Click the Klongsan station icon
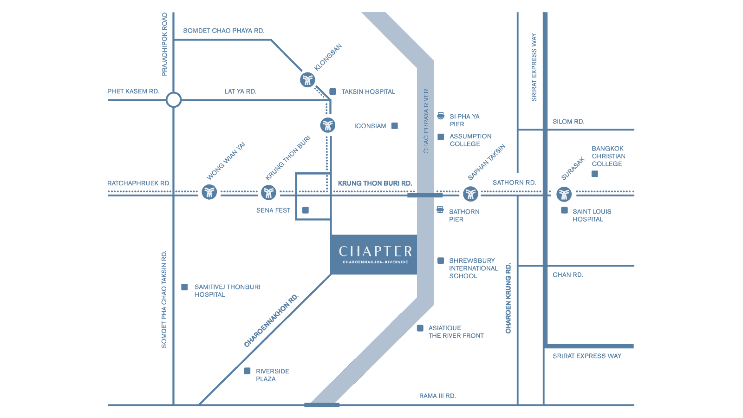(x=307, y=80)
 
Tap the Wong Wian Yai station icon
(x=209, y=192)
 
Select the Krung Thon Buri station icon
(x=269, y=192)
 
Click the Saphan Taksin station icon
(x=470, y=194)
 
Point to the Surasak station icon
(x=564, y=195)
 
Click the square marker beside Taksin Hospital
(x=332, y=91)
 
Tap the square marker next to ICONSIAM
(x=394, y=126)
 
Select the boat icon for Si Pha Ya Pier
(x=441, y=116)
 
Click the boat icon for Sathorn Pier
(x=440, y=209)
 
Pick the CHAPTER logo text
(x=375, y=251)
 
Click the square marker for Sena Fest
(x=306, y=210)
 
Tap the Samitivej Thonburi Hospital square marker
(x=184, y=287)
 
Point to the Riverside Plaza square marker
(x=247, y=371)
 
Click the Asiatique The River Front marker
(x=420, y=328)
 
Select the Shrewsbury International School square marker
(x=441, y=261)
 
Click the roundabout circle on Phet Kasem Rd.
(x=174, y=99)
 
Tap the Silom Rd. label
(x=568, y=122)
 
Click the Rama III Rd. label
(x=437, y=396)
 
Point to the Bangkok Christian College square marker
(x=595, y=174)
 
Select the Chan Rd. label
(x=567, y=274)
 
